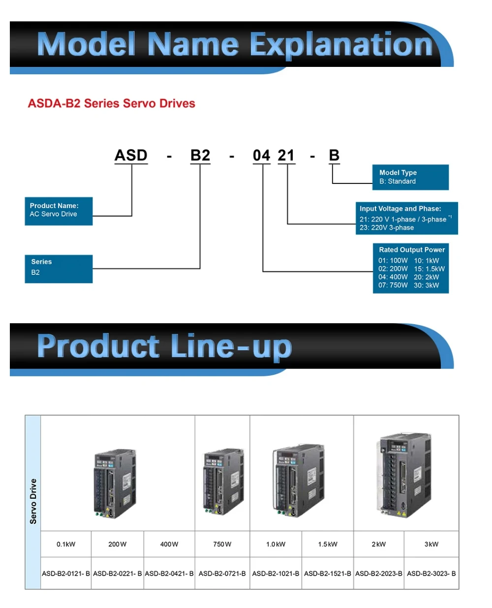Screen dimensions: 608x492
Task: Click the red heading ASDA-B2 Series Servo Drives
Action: point(111,103)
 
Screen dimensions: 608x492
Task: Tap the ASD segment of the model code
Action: point(131,155)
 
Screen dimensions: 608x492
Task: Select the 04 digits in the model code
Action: point(261,155)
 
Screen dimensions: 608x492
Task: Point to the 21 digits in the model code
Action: point(286,155)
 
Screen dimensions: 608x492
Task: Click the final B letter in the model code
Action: point(334,155)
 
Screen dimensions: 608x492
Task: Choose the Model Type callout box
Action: point(410,177)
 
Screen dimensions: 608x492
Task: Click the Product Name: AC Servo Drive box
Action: point(59,211)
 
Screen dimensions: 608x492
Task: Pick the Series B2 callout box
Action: point(59,269)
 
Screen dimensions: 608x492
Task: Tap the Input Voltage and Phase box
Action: point(406,218)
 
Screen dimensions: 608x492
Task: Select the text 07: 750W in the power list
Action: point(393,285)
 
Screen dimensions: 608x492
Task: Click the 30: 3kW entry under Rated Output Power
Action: point(427,285)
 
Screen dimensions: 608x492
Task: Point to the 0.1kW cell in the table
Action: point(66,544)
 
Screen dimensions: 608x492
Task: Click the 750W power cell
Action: point(222,544)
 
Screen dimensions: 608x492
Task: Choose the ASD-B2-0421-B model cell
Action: point(169,574)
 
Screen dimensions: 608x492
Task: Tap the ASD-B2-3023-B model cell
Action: point(431,574)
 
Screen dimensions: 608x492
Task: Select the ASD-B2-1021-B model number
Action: point(276,574)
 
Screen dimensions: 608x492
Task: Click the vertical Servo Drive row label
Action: point(33,501)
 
